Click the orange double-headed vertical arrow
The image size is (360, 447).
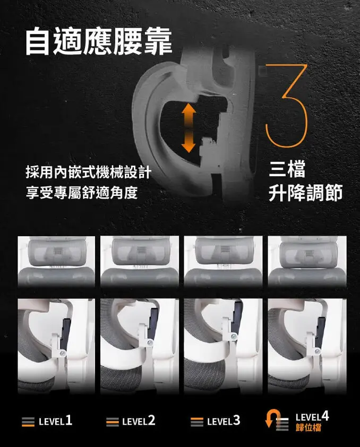[x=187, y=127]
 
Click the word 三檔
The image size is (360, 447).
[x=287, y=171]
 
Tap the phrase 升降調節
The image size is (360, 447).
[x=305, y=193]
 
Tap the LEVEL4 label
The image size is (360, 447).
[x=312, y=417]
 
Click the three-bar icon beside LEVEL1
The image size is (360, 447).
[x=28, y=423]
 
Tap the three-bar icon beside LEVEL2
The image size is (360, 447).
[x=112, y=423]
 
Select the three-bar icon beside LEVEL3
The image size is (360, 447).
[x=196, y=423]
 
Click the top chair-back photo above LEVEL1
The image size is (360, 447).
[x=56, y=262]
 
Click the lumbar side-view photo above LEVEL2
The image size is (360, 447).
[x=139, y=346]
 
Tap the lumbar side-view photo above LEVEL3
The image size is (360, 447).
[x=223, y=346]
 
